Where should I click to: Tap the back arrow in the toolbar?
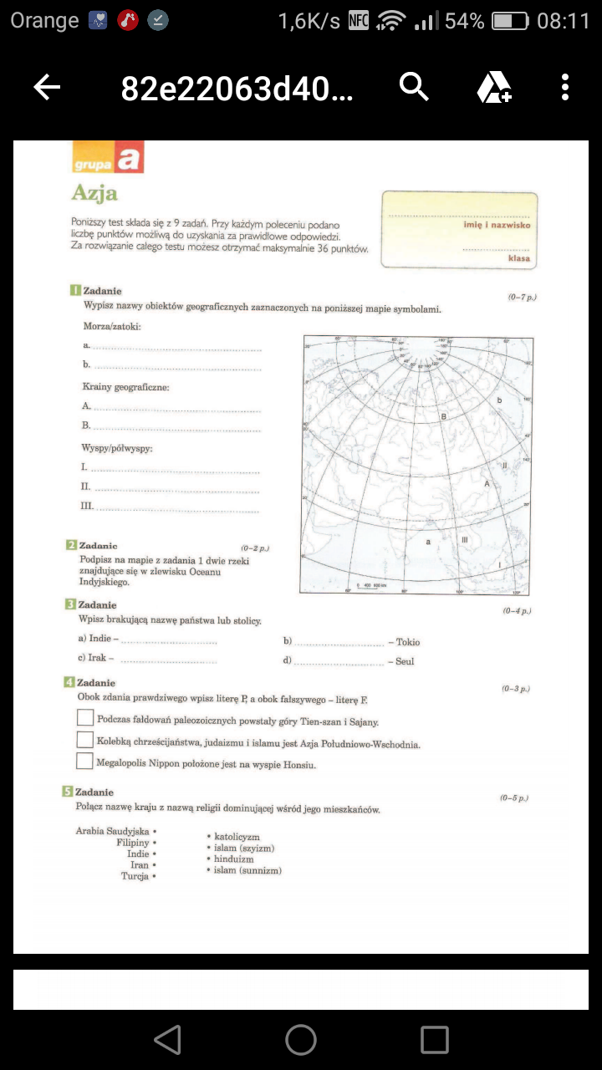47,87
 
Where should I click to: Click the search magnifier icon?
414,86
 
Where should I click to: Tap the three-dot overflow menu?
565,87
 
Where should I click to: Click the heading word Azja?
94,193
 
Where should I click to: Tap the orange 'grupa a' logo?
108,158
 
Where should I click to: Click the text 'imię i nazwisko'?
497,225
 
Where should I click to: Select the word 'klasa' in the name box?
518,258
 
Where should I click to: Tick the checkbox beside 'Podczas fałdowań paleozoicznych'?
84,718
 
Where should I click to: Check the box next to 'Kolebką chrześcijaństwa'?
84,740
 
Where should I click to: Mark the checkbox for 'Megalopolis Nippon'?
84,762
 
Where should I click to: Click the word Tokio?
408,642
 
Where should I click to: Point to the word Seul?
406,661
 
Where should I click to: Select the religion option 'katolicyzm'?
237,837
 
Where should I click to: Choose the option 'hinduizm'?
234,859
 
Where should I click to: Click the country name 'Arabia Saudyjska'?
112,831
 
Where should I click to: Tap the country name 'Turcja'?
135,876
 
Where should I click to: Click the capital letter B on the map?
444,415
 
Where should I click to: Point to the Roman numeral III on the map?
465,540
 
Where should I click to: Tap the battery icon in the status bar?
510,22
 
